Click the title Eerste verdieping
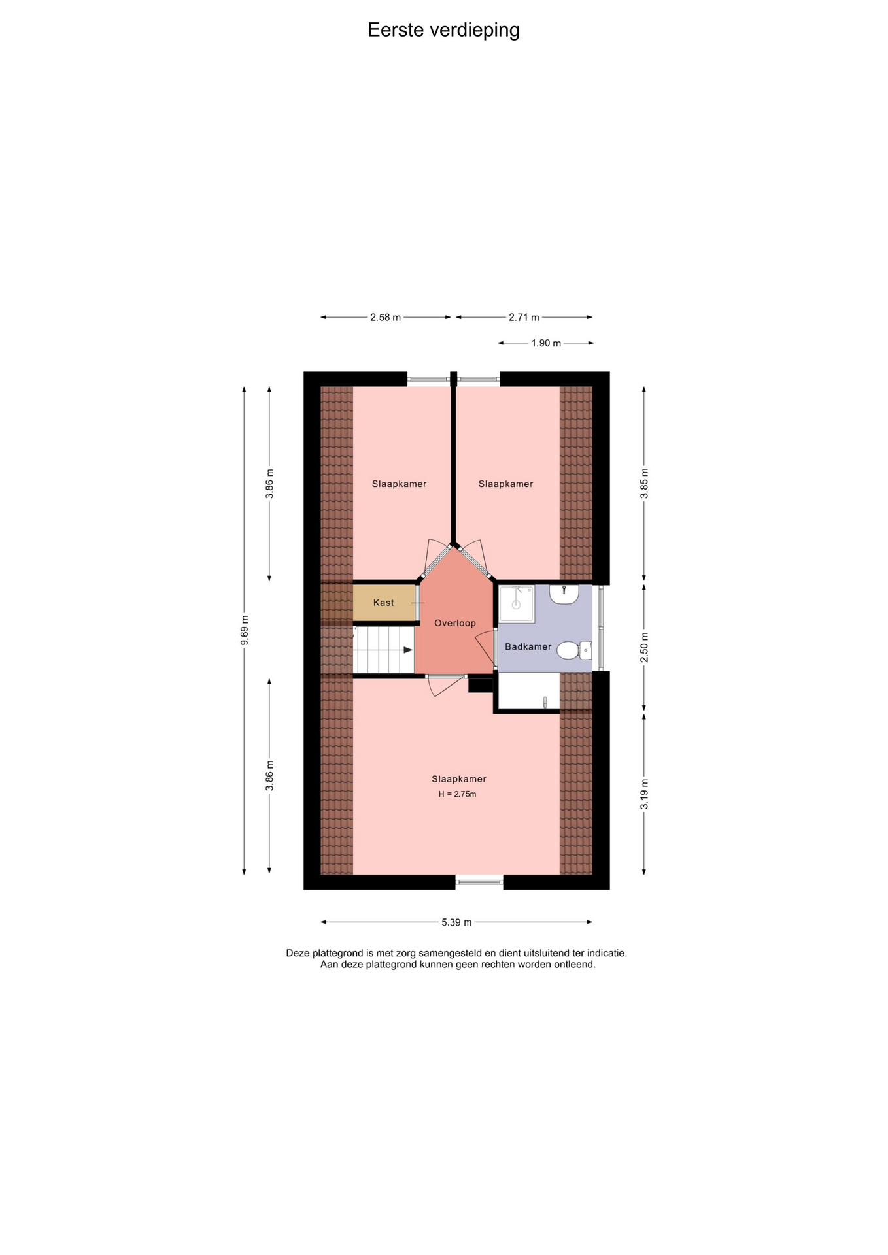[x=443, y=30]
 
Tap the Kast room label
[x=383, y=603]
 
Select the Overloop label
[x=455, y=623]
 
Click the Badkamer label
[x=528, y=646]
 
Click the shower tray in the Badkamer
[x=517, y=604]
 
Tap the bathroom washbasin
[x=564, y=594]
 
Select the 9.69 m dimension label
[x=245, y=631]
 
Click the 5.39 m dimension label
[x=456, y=922]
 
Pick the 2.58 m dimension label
[x=385, y=318]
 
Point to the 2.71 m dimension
[x=524, y=318]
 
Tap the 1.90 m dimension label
[x=546, y=343]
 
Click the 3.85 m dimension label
[x=644, y=484]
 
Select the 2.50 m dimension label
[x=644, y=647]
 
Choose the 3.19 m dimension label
[x=644, y=794]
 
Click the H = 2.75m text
[x=457, y=794]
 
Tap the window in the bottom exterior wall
[x=479, y=882]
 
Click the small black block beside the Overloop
[x=481, y=686]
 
